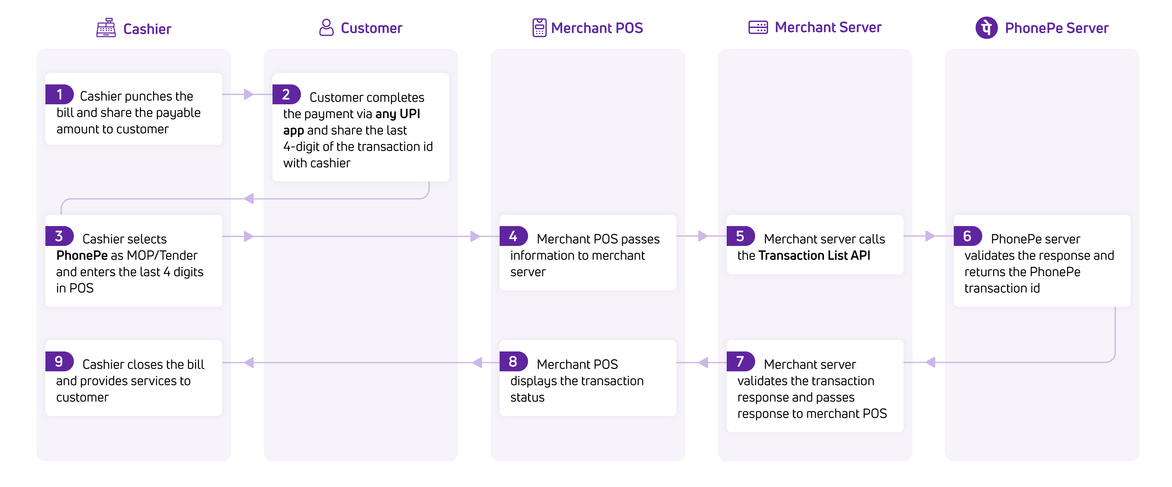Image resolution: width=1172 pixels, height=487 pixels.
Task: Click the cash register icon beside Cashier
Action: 105,28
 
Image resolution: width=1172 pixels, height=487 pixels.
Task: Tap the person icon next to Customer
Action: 326,28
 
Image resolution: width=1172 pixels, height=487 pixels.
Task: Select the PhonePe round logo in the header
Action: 986,28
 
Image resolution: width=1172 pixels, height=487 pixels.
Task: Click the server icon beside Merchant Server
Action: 758,27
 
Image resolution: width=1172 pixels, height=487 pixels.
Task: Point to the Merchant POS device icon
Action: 539,28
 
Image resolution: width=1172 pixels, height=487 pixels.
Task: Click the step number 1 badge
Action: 59,95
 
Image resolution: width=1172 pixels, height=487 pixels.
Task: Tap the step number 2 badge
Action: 286,95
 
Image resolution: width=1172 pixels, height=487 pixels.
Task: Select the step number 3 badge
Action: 59,236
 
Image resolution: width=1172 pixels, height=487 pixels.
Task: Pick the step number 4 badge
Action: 513,236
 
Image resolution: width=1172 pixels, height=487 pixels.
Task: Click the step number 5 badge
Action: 740,236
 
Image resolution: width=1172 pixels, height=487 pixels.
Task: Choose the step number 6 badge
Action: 967,236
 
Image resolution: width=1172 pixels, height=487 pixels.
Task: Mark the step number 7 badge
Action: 740,361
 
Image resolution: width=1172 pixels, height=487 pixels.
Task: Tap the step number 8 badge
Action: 513,361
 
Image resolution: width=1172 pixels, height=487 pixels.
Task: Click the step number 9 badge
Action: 59,361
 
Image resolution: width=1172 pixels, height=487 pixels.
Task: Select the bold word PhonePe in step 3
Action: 82,256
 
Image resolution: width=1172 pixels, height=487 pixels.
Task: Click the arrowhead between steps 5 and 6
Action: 930,236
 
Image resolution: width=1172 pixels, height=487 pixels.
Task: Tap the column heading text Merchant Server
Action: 828,27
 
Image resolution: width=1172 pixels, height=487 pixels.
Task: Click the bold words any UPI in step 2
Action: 397,114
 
